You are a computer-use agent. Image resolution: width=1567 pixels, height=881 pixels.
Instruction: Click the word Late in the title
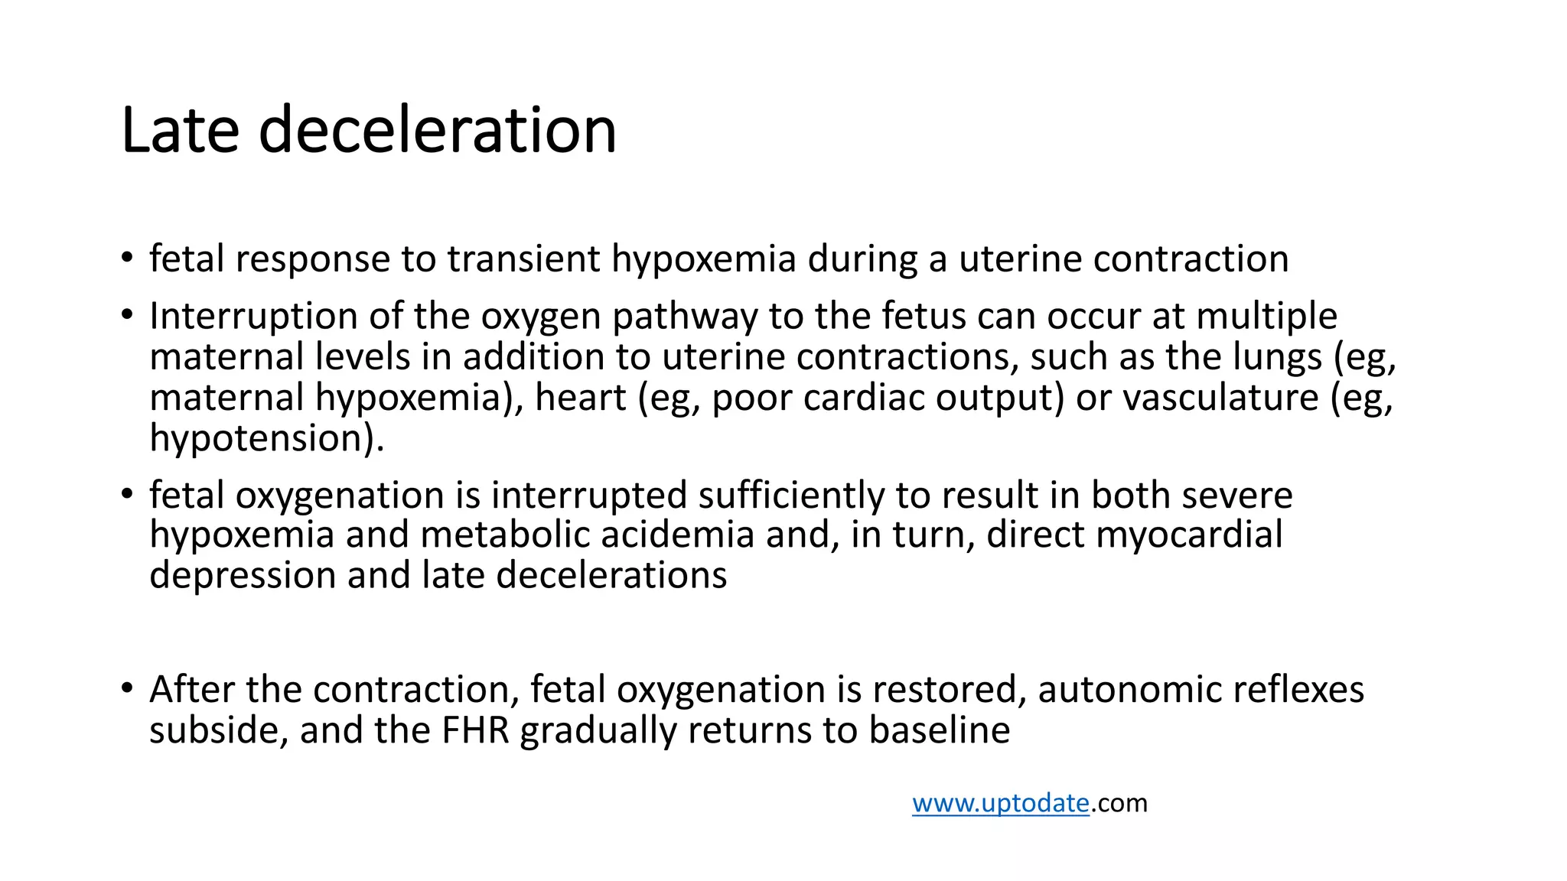point(180,130)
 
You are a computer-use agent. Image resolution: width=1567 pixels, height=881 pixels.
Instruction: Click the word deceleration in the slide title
point(437,130)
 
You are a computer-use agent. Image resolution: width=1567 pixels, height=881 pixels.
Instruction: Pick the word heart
point(580,398)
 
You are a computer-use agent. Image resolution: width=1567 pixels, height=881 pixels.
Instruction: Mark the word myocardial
point(1189,535)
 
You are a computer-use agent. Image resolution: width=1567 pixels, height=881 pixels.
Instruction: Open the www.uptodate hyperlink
point(1000,803)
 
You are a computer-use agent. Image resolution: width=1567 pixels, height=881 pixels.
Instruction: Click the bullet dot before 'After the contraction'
point(127,688)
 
